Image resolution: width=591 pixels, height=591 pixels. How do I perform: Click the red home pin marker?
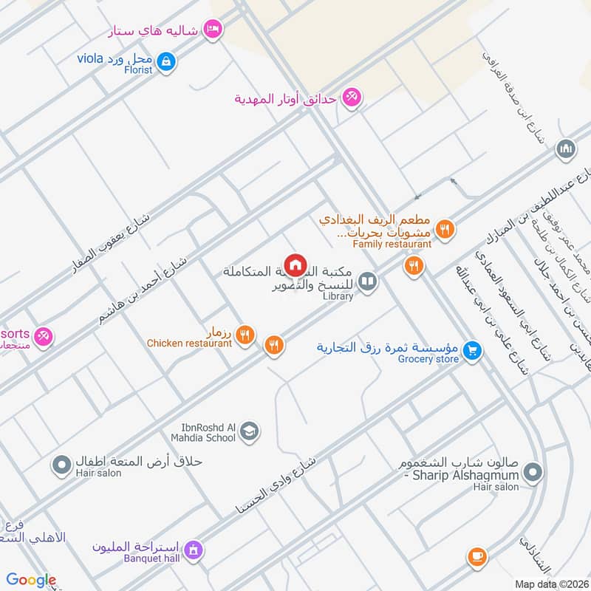pos(295,264)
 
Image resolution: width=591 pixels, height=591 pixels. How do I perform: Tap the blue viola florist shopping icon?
pos(167,60)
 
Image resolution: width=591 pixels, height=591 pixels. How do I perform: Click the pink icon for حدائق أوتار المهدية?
pos(352,98)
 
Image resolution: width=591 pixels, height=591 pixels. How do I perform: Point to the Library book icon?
pos(367,281)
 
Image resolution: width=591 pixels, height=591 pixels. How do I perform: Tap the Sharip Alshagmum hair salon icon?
pos(536,471)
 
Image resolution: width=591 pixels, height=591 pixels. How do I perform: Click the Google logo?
pos(31,580)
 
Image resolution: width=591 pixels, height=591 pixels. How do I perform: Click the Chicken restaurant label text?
pos(189,343)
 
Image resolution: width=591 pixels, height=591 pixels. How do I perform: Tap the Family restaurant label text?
pos(392,244)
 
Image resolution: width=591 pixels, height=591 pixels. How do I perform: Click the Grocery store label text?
pos(428,360)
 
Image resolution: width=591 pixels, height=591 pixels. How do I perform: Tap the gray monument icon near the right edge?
pos(567,148)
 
